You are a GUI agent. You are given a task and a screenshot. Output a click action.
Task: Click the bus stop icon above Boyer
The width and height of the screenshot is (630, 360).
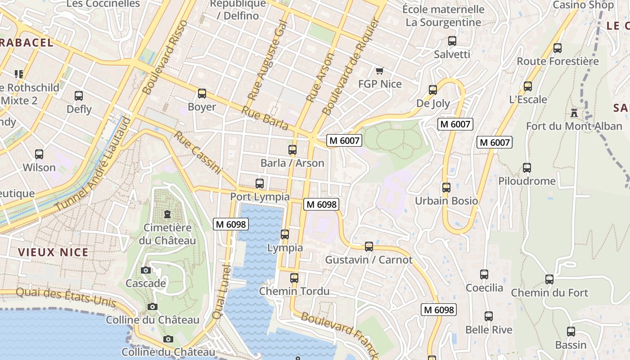[202, 94]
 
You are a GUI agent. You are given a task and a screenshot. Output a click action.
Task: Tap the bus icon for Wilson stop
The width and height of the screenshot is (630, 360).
[39, 154]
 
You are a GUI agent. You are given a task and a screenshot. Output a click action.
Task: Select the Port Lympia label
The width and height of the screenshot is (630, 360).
[260, 197]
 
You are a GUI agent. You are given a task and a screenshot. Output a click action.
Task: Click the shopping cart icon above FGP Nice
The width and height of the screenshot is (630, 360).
[379, 71]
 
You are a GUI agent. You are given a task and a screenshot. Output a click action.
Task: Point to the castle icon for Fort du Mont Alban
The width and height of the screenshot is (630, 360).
[574, 112]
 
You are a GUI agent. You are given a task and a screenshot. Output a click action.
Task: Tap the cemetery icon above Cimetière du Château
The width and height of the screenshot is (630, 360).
[167, 214]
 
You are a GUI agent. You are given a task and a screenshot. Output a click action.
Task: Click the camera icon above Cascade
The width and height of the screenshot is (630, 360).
[145, 270]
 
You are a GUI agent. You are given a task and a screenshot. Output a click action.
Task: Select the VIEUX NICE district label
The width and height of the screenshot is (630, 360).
[53, 252]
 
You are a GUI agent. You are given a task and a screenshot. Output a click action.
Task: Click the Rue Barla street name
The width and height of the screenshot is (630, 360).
[265, 118]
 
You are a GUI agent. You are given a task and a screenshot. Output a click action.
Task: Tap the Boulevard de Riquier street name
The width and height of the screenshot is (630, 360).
[349, 66]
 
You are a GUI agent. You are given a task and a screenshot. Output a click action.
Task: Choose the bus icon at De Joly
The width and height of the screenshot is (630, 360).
[433, 90]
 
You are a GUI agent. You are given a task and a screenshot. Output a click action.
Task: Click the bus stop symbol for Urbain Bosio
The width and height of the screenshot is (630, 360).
[446, 188]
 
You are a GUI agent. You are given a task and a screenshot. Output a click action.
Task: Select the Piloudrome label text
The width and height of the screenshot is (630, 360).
[526, 181]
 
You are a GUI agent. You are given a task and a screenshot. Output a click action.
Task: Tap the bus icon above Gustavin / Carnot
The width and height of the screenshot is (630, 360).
[369, 247]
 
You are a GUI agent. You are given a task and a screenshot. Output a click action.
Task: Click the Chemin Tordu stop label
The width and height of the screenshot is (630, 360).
[294, 291]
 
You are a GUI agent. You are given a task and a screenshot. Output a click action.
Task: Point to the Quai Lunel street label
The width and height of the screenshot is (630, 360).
[222, 292]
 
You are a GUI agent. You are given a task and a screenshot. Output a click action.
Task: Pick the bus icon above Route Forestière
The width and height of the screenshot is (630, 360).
[558, 48]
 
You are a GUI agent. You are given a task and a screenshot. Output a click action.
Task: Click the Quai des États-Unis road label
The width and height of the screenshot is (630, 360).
[66, 297]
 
